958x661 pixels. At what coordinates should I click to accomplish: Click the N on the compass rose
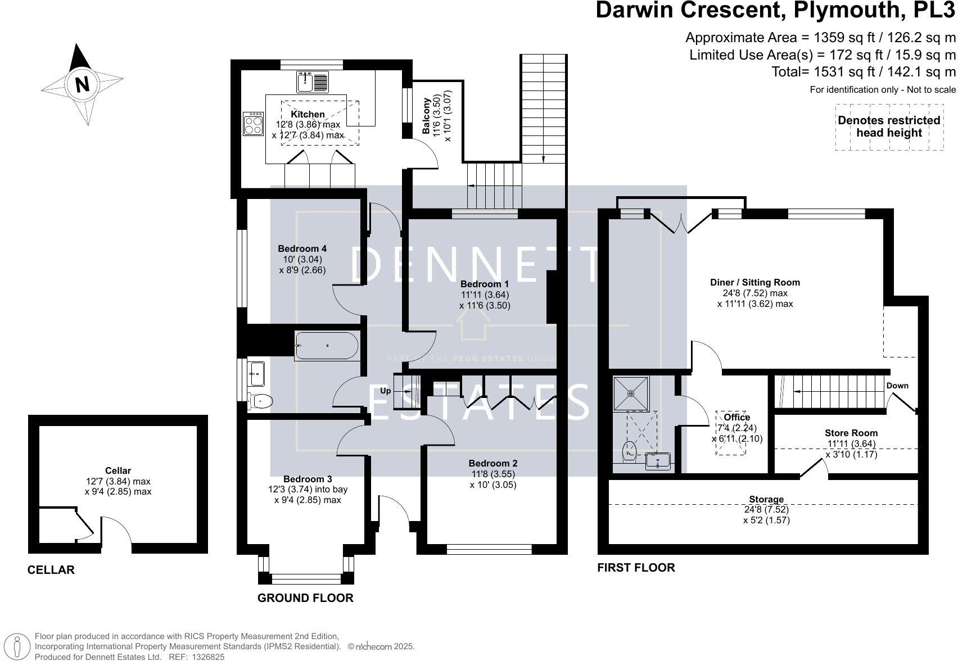pos(82,84)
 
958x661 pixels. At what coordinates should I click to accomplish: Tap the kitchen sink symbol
pos(313,82)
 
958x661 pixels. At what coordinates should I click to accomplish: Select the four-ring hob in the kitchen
pos(253,124)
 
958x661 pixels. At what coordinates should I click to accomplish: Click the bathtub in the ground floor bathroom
pos(326,346)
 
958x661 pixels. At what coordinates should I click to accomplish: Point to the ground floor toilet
pos(261,401)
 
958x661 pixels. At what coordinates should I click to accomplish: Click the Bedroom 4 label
pos(302,248)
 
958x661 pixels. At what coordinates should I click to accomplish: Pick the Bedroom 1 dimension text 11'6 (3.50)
pos(485,306)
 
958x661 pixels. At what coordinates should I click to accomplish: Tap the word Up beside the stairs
pos(386,391)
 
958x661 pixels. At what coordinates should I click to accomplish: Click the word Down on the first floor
pos(897,386)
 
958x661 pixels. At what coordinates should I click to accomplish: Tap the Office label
pos(736,417)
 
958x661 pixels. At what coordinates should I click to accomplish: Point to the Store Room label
pos(851,433)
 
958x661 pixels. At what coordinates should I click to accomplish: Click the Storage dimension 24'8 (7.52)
pos(766,510)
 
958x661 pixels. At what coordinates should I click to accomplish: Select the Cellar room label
pos(118,470)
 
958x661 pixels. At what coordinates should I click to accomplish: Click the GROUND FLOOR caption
pos(305,598)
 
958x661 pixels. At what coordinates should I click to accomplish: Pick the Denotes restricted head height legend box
pos(888,127)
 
